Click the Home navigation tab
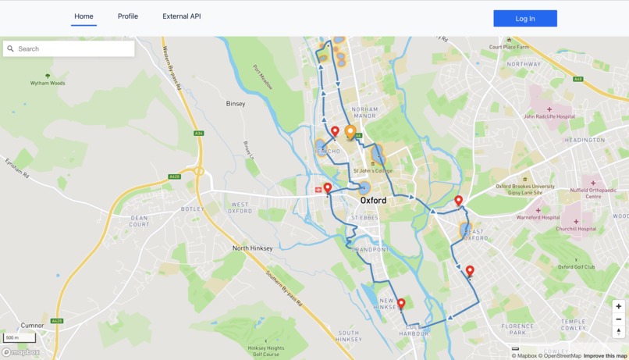click(x=84, y=16)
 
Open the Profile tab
click(x=128, y=16)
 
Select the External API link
click(x=181, y=16)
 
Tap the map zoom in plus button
click(x=618, y=307)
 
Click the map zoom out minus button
click(x=618, y=319)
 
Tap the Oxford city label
click(x=373, y=201)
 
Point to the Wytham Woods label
click(x=48, y=83)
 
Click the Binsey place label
click(x=236, y=103)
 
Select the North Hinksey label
click(x=253, y=248)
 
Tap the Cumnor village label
click(x=33, y=326)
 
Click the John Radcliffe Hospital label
click(x=549, y=116)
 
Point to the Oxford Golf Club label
click(x=577, y=266)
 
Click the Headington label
click(x=585, y=141)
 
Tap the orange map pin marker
click(x=350, y=131)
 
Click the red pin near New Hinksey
click(x=401, y=304)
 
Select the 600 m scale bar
click(x=20, y=338)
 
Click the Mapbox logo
click(x=21, y=353)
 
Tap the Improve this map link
click(x=605, y=356)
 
